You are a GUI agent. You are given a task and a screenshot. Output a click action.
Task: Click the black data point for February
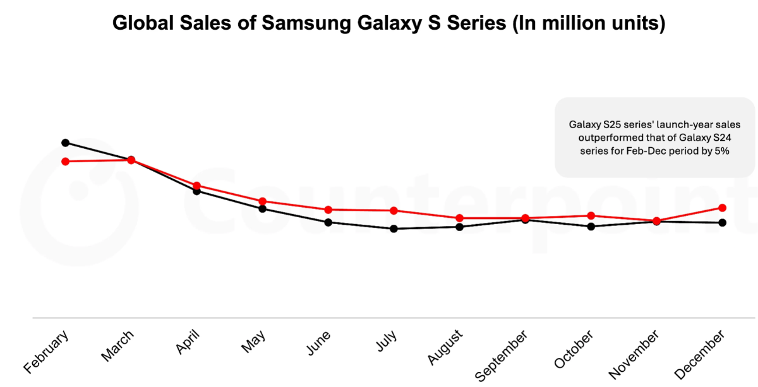(65, 143)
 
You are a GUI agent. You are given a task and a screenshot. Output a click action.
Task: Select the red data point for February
(65, 162)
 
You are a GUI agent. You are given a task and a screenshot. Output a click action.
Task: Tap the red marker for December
(722, 208)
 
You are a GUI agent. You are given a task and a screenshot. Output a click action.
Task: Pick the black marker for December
(722, 222)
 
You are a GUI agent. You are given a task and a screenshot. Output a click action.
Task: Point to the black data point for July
(394, 229)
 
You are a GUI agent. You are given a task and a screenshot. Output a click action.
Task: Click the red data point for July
(394, 210)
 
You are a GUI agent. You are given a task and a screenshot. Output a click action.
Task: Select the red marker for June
(328, 210)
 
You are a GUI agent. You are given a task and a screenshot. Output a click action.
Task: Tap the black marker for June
(328, 222)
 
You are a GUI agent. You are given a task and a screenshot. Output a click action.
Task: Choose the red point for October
(591, 216)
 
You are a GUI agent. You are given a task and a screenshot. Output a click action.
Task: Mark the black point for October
(591, 226)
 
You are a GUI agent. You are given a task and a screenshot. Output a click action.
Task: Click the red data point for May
(262, 201)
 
